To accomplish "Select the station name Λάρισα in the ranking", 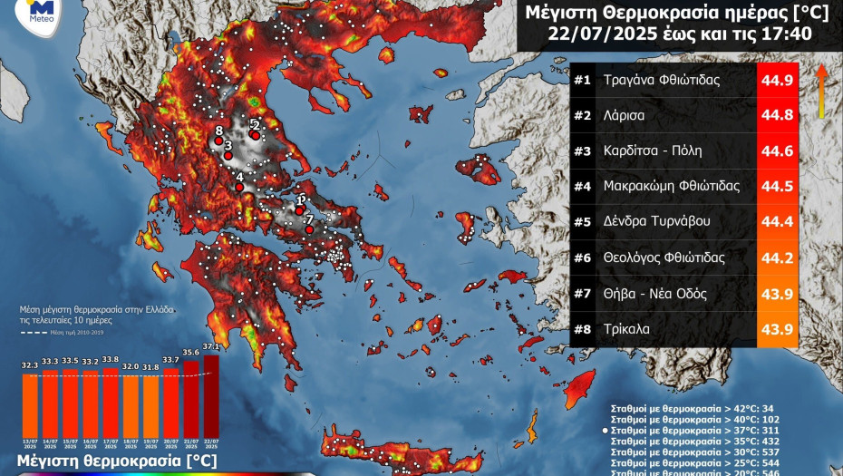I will pyautogui.click(x=625, y=115).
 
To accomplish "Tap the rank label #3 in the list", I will pyautogui.click(x=582, y=151).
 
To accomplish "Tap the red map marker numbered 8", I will pyautogui.click(x=218, y=141).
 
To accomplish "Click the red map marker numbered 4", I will pyautogui.click(x=239, y=187).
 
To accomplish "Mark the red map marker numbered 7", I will pyautogui.click(x=309, y=229).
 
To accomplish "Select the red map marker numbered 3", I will pyautogui.click(x=228, y=155).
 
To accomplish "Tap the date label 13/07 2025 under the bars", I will pyautogui.click(x=30, y=443).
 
